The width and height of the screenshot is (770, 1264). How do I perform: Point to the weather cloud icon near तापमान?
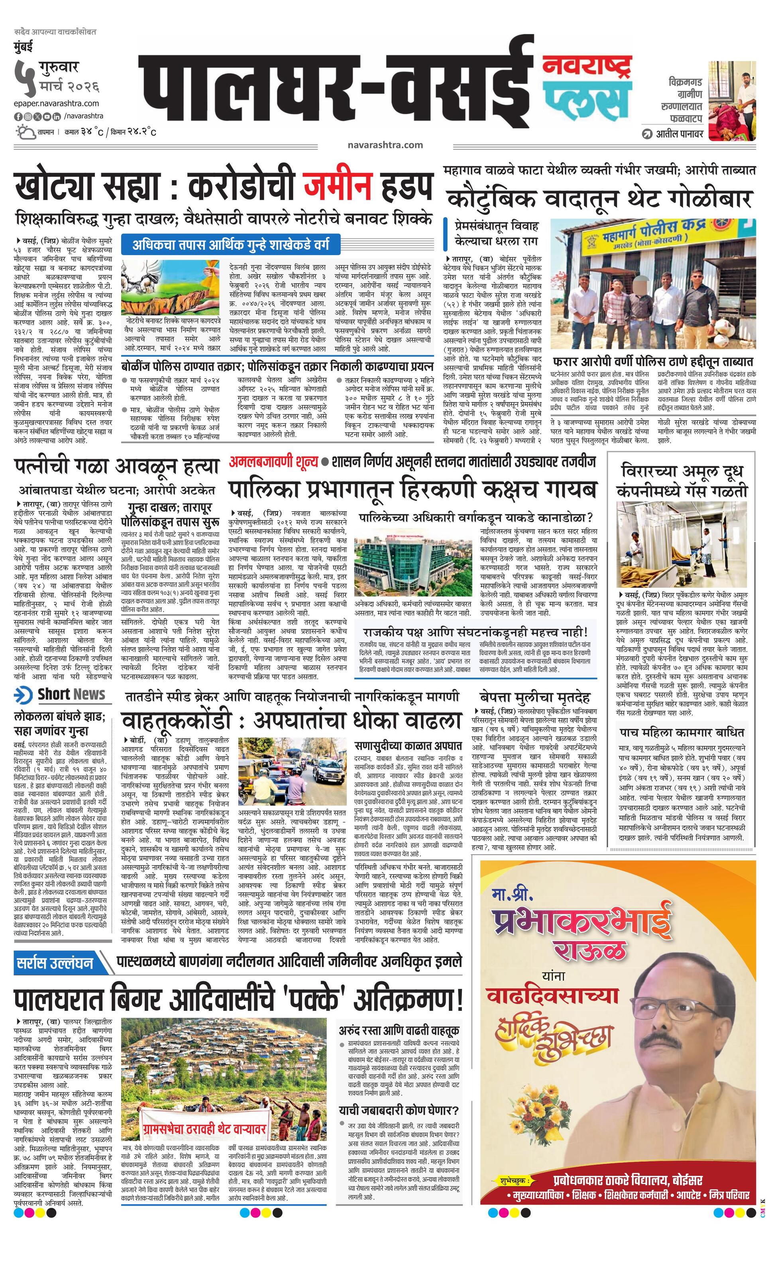pos(25,132)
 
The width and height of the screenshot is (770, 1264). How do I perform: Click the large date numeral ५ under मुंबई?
pos(22,77)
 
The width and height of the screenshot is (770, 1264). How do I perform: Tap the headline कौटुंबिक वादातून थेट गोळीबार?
pos(599,198)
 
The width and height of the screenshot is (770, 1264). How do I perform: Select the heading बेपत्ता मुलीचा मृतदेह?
pos(534,697)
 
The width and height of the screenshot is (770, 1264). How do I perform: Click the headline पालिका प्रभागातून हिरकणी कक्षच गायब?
pos(413,489)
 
